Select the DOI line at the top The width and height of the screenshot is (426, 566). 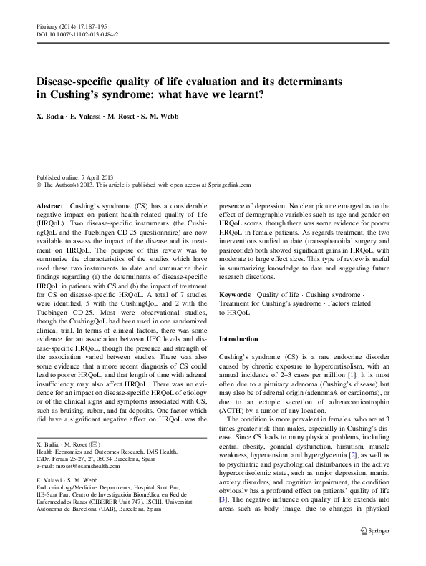coord(77,34)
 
